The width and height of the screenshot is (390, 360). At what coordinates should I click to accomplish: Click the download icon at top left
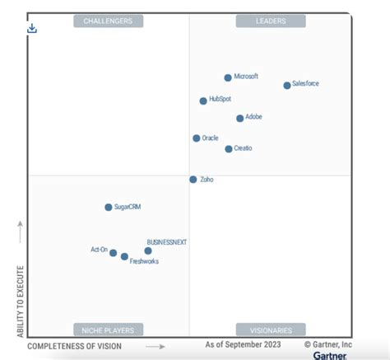32,28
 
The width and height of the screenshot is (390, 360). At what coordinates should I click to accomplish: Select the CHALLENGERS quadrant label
109,21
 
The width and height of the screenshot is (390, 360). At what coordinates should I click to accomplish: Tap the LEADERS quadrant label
270,21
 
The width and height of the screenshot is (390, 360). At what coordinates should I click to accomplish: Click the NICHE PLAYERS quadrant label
109,330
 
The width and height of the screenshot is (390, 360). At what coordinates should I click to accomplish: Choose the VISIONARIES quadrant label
270,330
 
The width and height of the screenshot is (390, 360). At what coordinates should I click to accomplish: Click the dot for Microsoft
228,77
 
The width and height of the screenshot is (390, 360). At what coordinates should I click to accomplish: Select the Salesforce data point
286,85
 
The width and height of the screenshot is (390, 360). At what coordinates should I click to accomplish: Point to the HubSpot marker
203,101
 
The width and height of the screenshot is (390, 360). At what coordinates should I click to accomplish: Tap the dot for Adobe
239,118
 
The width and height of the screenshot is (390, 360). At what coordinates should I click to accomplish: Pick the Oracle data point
196,138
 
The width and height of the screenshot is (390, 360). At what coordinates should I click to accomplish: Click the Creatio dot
228,149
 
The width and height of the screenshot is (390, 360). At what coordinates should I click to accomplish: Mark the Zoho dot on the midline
193,179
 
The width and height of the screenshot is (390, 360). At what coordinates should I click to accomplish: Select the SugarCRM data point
108,208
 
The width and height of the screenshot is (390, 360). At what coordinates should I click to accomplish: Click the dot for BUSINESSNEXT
148,250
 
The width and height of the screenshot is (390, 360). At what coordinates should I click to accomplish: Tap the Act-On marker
113,253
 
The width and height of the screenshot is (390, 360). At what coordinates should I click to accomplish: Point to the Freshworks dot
124,257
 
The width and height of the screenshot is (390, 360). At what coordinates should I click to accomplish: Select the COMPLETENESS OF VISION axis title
75,347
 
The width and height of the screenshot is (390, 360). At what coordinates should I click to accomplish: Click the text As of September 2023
244,346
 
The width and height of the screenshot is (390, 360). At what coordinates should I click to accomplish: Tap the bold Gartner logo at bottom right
329,356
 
